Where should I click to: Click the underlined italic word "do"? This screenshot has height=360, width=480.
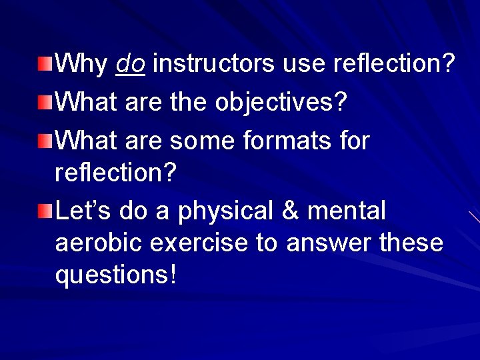pyautogui.click(x=131, y=64)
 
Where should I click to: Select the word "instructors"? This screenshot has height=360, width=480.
pyautogui.click(x=213, y=64)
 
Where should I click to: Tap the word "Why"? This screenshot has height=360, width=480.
pyautogui.click(x=81, y=64)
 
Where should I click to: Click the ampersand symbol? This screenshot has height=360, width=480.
pyautogui.click(x=291, y=211)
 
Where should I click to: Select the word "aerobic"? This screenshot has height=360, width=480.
pyautogui.click(x=98, y=243)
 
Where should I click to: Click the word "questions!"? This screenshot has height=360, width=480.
pyautogui.click(x=116, y=275)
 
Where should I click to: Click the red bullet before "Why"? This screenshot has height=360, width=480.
pyautogui.click(x=44, y=65)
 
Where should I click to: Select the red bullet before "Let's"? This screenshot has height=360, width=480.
pyautogui.click(x=44, y=212)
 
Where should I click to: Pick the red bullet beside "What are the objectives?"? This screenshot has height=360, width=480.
pyautogui.click(x=44, y=103)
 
